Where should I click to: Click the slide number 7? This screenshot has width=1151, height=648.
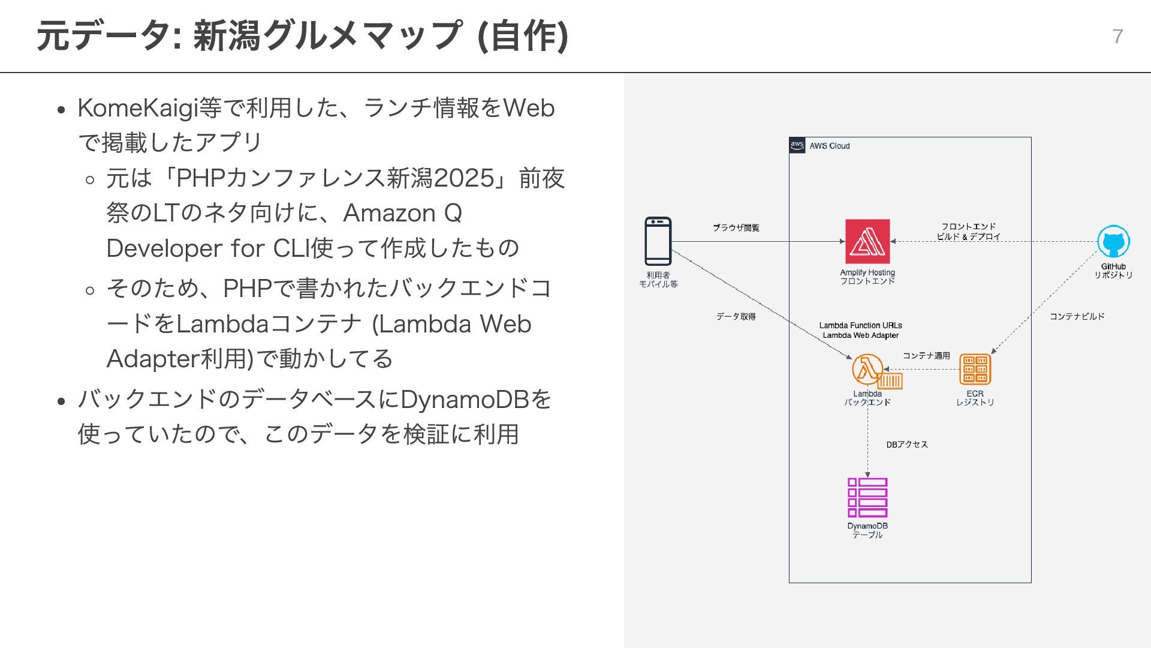point(1117,37)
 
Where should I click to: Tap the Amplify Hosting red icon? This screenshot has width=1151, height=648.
point(867,241)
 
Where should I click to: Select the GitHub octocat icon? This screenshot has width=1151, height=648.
point(1113,242)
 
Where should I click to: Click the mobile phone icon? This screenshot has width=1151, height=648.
point(658,241)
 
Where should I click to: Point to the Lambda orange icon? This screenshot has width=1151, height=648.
point(867,369)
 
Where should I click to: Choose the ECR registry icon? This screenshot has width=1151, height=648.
point(975,369)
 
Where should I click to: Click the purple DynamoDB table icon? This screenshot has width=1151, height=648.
point(867,497)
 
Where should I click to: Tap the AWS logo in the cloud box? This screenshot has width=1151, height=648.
point(797,145)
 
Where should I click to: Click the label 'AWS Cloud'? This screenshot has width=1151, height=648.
point(830,146)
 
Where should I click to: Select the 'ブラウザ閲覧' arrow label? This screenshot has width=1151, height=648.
point(736,228)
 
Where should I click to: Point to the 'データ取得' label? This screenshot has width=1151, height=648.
point(736,316)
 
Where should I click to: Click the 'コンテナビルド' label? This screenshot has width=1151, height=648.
point(1077,316)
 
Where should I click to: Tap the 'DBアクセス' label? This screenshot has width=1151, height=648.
point(907,445)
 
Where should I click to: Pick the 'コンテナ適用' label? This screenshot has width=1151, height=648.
point(926,356)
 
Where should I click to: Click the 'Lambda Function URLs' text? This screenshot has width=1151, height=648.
point(860,325)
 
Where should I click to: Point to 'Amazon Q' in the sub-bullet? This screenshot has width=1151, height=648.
point(402,213)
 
